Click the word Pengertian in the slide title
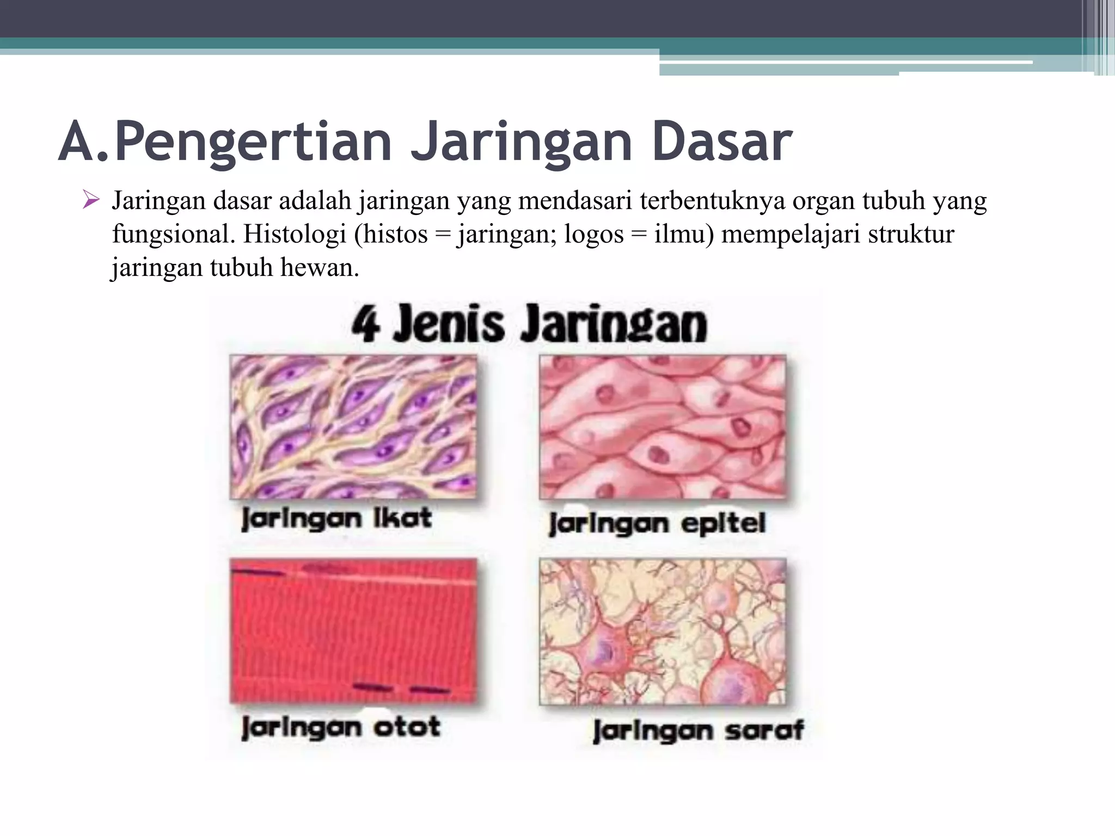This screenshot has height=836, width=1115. pos(253,143)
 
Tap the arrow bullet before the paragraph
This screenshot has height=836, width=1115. pos(90,200)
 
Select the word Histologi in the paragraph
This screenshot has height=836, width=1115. pos(295,235)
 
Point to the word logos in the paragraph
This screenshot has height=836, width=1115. pos(593,235)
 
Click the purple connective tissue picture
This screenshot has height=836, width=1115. pos(353,427)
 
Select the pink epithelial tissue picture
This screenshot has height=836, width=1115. pos(663,427)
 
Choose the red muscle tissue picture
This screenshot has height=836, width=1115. pos(353,630)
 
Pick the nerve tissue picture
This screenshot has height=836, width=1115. pos(663,631)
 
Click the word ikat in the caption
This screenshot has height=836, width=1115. pos(402,518)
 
